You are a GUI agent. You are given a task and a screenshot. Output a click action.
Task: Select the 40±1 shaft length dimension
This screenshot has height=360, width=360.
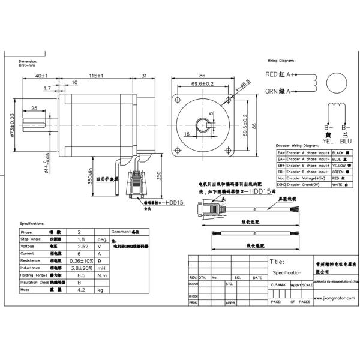42,76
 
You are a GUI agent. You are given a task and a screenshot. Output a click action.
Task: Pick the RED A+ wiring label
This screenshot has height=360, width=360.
280,74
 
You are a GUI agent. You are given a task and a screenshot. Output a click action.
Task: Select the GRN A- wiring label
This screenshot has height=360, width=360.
279,92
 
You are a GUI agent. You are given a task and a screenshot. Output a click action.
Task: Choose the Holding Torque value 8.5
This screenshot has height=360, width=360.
84,275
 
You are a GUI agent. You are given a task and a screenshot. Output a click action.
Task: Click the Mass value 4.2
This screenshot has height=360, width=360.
84,290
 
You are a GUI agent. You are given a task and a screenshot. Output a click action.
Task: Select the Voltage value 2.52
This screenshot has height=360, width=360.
84,246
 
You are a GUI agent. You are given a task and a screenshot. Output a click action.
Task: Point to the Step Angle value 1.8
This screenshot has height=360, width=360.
84,239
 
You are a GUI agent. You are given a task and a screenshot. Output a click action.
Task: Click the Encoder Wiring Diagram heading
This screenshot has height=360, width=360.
297,145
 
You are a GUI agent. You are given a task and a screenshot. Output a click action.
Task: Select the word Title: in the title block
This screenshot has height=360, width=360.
277,262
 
